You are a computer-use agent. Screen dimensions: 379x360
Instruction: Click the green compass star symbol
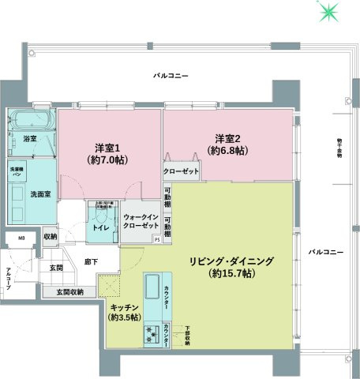327,12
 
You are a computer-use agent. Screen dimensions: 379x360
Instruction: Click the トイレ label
100,227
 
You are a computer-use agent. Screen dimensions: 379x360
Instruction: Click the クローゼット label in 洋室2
181,170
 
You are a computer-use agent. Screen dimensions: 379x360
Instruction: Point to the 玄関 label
56,268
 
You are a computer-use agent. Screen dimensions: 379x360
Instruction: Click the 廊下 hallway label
91,260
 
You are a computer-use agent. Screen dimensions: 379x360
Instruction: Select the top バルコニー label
171,76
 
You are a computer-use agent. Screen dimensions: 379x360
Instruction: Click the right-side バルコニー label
326,251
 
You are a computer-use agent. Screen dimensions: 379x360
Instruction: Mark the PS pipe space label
156,238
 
